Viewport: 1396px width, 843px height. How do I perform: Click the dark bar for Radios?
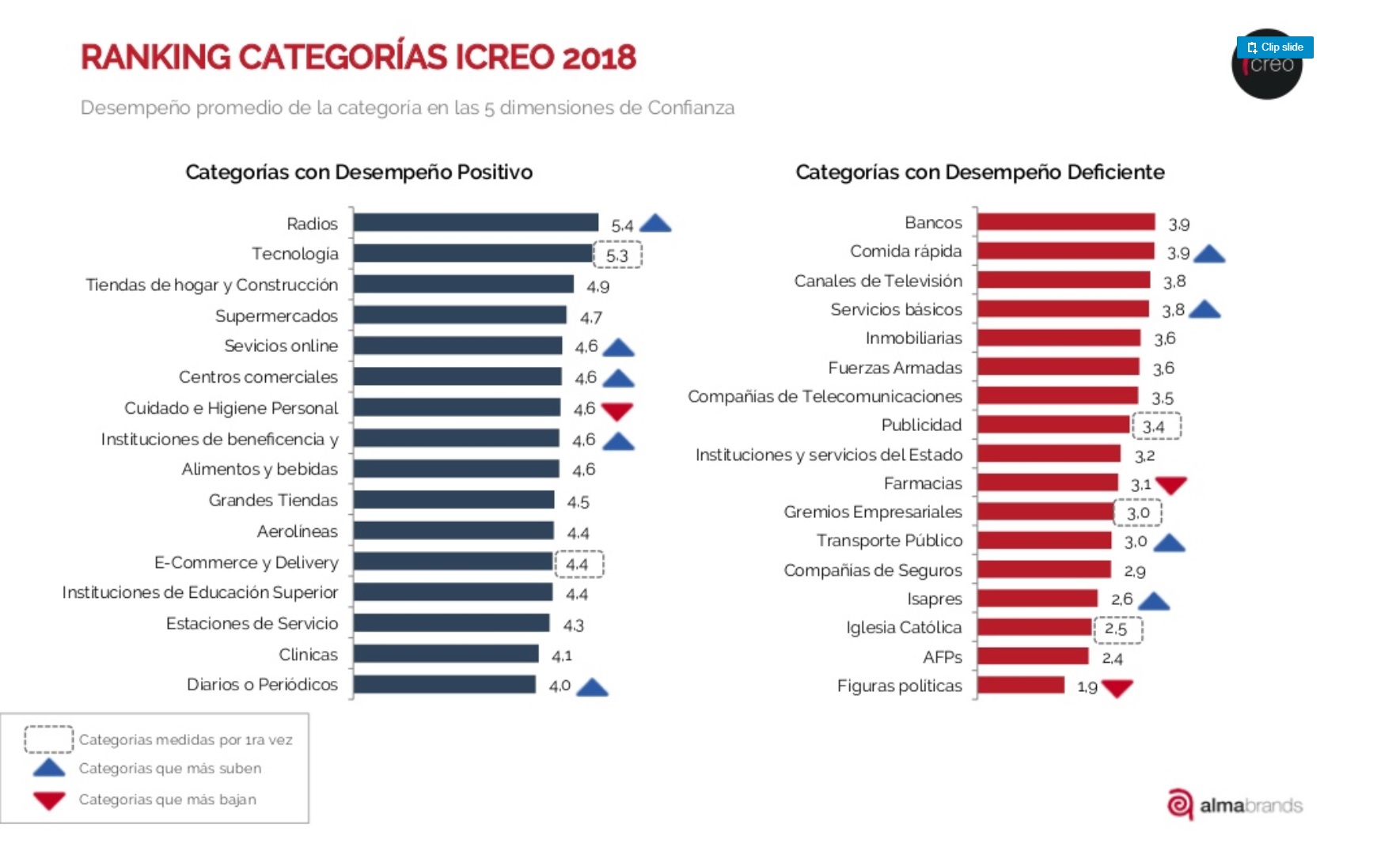coord(476,223)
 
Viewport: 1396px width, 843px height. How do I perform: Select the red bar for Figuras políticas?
coord(1021,685)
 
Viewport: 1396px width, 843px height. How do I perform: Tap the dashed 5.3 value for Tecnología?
coord(617,255)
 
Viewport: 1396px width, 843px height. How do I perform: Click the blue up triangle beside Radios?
coord(655,224)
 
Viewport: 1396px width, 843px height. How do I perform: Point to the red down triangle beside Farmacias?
coord(1170,485)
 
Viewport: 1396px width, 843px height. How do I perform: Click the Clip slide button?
coord(1275,47)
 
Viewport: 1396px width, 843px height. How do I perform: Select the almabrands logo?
coord(1235,805)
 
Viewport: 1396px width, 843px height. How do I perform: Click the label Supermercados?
coord(276,316)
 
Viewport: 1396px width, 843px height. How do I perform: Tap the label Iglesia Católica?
coord(904,628)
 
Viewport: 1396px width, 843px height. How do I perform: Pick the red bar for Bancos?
coord(1066,222)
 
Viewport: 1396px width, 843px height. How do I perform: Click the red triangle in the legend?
coord(49,800)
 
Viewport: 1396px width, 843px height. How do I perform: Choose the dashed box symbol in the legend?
coord(48,739)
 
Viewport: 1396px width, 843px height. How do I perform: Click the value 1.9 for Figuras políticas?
coord(1087,687)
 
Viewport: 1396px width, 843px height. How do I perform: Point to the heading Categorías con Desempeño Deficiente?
coord(980,172)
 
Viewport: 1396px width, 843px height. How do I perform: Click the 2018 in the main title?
coord(599,58)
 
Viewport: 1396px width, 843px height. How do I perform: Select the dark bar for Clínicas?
coord(446,654)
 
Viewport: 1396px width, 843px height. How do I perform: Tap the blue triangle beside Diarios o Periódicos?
coord(592,687)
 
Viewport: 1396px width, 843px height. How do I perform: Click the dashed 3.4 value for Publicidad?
coord(1156,427)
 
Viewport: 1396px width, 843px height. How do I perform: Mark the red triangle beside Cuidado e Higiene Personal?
coord(617,410)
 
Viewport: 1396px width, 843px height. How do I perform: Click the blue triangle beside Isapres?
coord(1154,602)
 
